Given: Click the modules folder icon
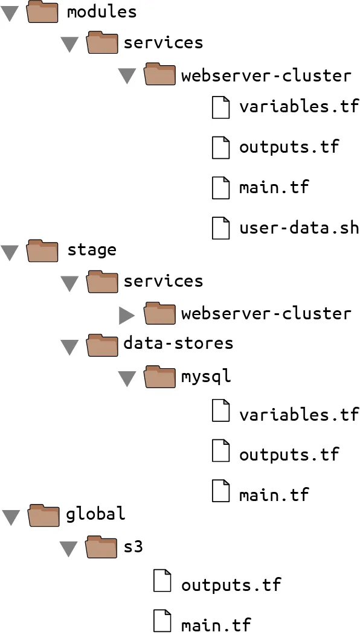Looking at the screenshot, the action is point(42,11).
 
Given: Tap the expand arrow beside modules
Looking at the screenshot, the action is point(10,13).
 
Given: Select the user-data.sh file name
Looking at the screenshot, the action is point(299,228).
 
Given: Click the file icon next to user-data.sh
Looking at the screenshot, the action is point(220,228).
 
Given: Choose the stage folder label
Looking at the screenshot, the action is point(92,250).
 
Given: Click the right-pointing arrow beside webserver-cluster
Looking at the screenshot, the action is point(127,315).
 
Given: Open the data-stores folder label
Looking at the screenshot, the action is point(178,343).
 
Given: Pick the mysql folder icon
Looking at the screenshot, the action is point(160,377).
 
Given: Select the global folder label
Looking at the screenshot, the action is point(95,514).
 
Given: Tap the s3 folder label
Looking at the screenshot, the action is point(133,547).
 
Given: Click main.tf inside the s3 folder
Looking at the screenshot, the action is point(216,624).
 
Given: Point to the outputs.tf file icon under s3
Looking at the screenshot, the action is point(162,580).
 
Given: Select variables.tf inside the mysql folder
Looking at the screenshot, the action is point(299,414).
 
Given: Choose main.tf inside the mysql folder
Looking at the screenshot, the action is point(274,494).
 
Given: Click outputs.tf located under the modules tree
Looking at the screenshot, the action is point(289,146).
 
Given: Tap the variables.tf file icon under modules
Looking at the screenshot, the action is point(220,107).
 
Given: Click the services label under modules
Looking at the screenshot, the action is point(163,42).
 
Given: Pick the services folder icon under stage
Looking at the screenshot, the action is point(102,282).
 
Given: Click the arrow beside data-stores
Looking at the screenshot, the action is point(69,347).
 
